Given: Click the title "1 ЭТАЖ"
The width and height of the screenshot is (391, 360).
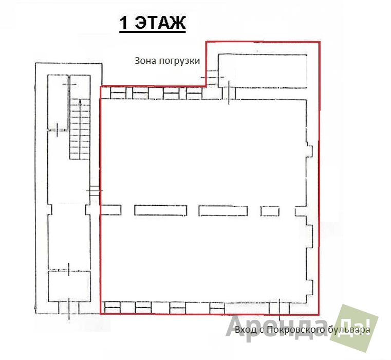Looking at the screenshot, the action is [153, 23].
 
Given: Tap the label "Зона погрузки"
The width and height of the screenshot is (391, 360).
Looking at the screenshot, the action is [167, 61].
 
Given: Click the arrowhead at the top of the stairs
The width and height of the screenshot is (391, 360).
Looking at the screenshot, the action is [80, 101].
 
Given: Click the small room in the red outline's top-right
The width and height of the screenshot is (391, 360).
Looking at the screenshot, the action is [263, 70].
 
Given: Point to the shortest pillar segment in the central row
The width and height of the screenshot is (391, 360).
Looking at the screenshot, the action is [270, 211].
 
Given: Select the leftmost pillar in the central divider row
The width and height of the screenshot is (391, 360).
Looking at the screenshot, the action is [111, 210].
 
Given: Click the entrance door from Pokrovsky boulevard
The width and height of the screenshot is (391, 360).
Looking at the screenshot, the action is [280, 308].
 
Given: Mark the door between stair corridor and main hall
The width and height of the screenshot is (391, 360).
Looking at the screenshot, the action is [95, 191].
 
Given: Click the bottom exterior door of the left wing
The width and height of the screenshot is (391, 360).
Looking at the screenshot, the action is [69, 308].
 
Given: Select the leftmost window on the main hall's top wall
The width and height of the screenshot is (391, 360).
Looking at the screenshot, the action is [118, 93].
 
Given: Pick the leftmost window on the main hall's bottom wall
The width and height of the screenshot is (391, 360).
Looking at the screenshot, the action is [112, 308].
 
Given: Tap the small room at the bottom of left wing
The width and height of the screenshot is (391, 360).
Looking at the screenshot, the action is [69, 286].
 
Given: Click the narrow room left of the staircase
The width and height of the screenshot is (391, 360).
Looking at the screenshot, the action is [58, 102].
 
